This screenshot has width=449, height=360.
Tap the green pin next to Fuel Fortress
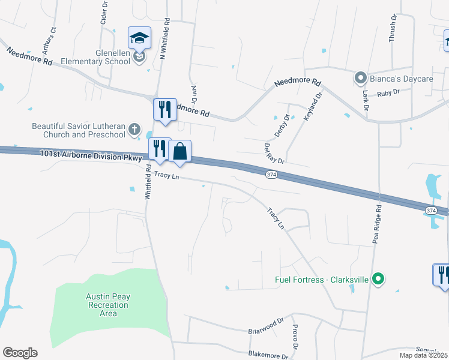(378, 280)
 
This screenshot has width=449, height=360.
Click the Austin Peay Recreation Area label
(108, 305)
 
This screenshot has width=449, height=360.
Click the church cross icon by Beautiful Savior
(134, 130)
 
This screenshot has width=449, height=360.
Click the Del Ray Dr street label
(274, 153)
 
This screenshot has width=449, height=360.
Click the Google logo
(20, 353)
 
